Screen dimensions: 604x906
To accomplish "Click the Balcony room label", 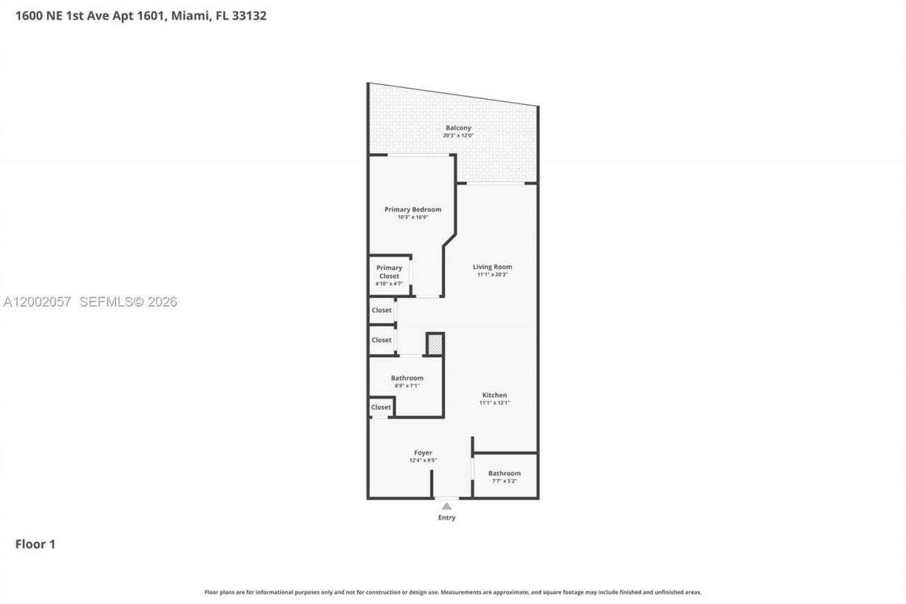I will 458,128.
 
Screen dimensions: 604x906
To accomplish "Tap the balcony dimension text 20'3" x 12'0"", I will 458,135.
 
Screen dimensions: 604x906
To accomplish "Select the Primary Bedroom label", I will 413,210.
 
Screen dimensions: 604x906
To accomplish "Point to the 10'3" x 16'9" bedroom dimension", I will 413,217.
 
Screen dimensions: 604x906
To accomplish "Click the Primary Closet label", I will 389,272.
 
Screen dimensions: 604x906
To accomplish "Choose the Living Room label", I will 492,267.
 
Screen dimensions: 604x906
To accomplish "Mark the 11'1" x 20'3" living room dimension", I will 492,275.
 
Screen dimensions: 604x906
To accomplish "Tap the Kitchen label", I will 494,395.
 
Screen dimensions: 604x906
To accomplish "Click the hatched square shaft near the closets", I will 435,344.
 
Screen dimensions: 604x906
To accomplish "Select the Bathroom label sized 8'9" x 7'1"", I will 407,378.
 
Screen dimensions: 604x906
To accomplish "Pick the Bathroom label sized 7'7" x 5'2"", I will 504,473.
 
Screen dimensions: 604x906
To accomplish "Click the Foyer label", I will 423,453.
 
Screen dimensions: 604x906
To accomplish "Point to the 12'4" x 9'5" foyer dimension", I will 423,460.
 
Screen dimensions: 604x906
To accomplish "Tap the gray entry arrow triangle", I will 447,506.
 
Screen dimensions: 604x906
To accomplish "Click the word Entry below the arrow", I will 447,518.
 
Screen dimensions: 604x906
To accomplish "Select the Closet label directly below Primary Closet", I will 382,310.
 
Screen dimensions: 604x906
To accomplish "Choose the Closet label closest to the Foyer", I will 381,407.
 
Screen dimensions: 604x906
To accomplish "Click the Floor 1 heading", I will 35,544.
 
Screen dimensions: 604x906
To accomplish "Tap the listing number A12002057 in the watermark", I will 38,302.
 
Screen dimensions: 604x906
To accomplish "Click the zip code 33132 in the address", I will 249,16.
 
